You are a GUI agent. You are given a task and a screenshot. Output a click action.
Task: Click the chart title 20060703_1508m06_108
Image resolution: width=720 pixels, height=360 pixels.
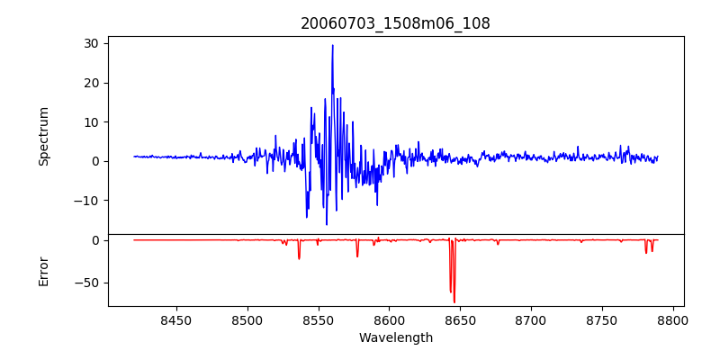pos(395,23)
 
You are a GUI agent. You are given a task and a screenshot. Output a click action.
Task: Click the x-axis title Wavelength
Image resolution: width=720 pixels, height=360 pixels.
pos(395,338)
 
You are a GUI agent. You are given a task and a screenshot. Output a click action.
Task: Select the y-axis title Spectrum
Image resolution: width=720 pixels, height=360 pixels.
pos(43,136)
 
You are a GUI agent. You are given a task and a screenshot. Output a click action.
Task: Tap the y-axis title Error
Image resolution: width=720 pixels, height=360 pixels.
pos(43,271)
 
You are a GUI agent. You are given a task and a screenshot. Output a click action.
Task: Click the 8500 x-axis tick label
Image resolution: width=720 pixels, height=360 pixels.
pos(247,320)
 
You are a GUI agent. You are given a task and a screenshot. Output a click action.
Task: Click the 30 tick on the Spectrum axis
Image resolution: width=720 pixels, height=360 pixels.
pos(92,43)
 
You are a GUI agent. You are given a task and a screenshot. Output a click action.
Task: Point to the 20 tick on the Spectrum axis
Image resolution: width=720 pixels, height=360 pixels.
pos(92,83)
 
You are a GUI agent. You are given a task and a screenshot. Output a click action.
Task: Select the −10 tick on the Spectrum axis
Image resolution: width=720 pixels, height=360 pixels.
pos(86,201)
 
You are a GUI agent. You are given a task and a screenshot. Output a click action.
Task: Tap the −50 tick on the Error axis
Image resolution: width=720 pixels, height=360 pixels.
pos(86,283)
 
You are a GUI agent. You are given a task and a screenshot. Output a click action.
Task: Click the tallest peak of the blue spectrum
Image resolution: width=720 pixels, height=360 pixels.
pos(332,46)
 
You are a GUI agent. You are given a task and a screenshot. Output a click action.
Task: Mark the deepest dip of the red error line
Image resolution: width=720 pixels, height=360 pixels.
pos(454,301)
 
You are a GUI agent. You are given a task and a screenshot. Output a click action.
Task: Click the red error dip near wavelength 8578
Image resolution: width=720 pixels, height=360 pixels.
pos(357,256)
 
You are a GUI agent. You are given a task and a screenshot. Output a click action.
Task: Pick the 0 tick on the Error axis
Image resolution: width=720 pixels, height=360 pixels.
pos(94,240)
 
